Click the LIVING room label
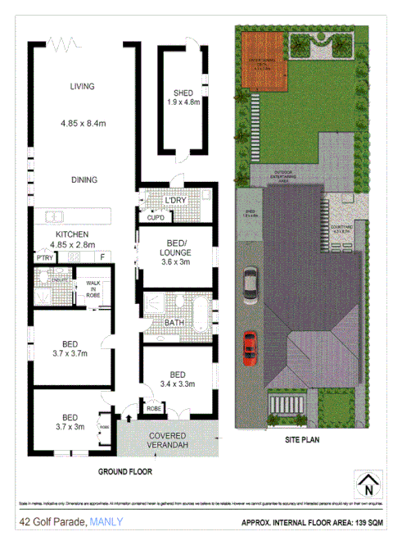click(83, 86)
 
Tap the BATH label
click(174, 322)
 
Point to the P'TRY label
click(45, 258)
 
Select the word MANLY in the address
click(107, 521)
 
